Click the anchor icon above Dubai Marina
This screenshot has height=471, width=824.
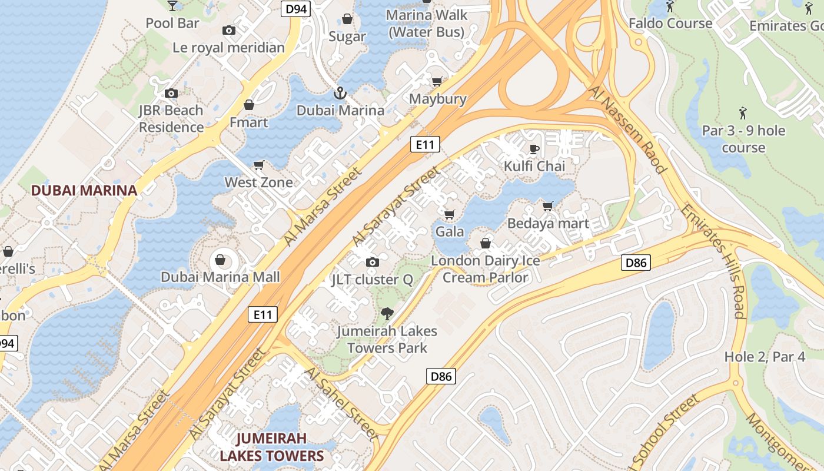[340, 93]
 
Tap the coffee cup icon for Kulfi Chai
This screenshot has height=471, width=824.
[534, 149]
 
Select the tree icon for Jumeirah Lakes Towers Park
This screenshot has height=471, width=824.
[387, 314]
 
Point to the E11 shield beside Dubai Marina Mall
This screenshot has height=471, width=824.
[262, 314]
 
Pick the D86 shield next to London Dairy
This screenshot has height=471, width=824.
[636, 263]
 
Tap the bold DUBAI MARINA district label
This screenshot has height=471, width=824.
[84, 190]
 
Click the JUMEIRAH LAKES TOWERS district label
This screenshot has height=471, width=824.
[271, 447]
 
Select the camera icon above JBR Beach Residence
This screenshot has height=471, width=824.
[171, 93]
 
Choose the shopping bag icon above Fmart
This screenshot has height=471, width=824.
[249, 105]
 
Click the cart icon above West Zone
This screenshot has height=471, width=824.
[258, 165]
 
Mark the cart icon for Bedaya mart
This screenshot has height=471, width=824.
[548, 206]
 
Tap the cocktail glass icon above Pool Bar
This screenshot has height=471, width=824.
[172, 6]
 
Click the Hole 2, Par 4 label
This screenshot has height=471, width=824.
[765, 356]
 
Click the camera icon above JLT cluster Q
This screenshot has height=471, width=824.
[372, 262]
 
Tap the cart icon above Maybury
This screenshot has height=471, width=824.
[437, 81]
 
